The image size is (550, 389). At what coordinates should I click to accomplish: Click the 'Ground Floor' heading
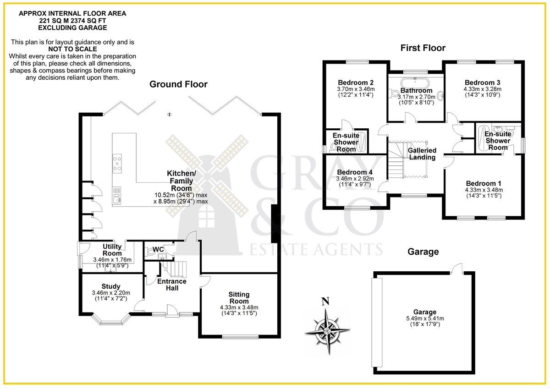tap(178, 84)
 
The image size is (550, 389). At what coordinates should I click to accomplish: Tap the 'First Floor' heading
tap(423, 48)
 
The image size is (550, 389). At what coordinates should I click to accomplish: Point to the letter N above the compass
tap(325, 301)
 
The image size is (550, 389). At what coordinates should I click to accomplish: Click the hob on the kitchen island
tap(117, 164)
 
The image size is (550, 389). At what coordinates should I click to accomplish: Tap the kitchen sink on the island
tap(117, 195)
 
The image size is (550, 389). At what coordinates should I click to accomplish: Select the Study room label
tap(111, 286)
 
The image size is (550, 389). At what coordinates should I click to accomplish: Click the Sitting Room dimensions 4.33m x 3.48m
tap(239, 307)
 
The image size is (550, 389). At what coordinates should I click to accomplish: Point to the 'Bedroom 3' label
tap(482, 82)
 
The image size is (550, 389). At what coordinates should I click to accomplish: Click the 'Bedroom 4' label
tap(355, 172)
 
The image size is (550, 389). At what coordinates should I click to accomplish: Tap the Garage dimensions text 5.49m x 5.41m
tap(425, 318)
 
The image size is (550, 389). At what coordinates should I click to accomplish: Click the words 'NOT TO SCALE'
tap(73, 49)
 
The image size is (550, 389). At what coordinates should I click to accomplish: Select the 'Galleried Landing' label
tap(422, 153)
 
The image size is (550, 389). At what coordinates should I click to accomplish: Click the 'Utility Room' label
tap(112, 250)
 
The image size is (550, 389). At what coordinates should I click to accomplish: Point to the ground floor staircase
tap(174, 269)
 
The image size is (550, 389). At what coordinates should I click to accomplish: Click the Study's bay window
tap(111, 319)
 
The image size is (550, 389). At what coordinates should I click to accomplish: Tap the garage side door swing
tap(456, 268)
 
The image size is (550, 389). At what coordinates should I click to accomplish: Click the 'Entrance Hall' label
tap(172, 285)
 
